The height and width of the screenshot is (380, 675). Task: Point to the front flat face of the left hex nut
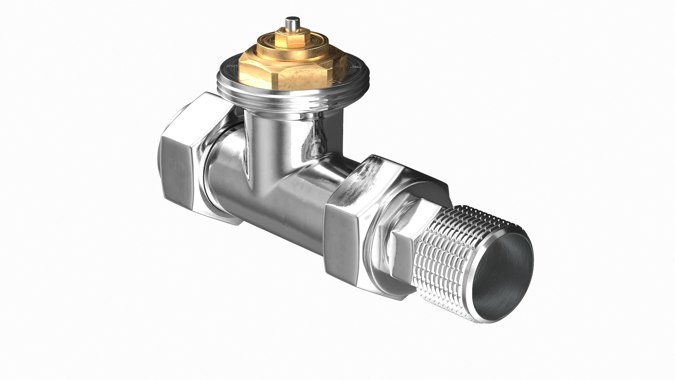click(x=176, y=176)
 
